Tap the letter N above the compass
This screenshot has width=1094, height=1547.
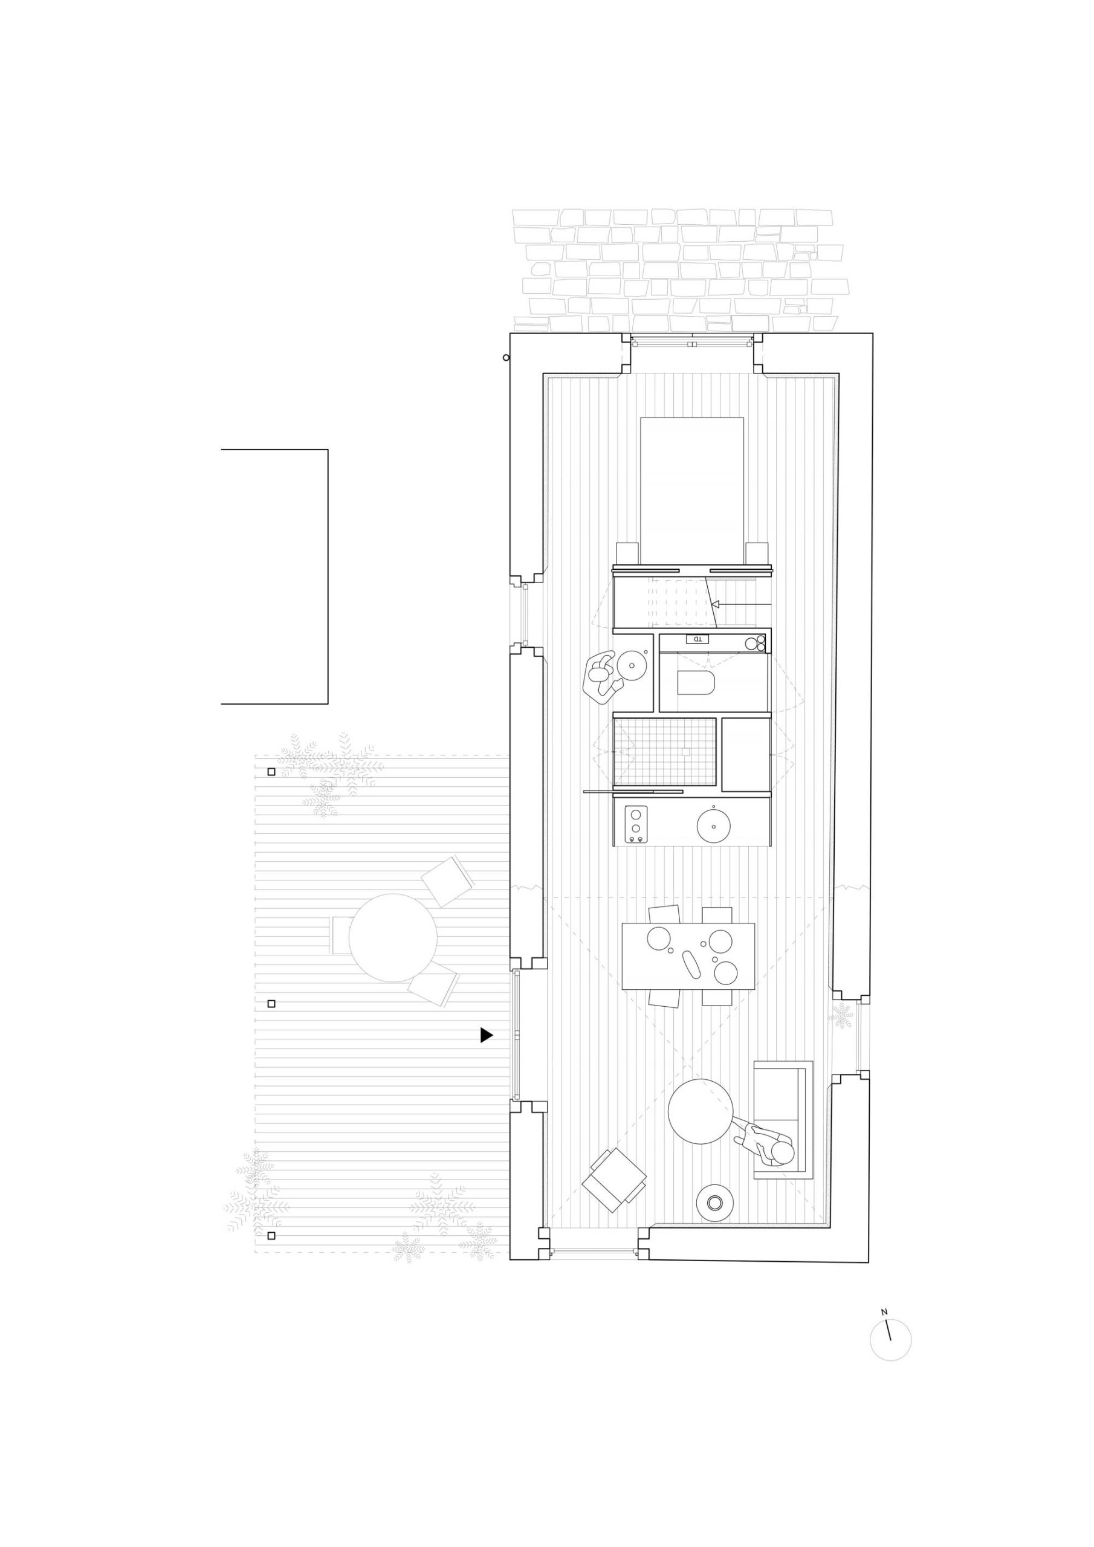tap(884, 1312)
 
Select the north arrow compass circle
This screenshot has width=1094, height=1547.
tap(890, 1340)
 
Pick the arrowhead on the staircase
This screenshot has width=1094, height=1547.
tap(716, 604)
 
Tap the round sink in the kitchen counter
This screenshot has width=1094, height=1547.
tap(714, 825)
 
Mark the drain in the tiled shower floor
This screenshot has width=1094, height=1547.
tap(685, 751)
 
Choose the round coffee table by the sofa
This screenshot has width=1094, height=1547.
tap(701, 1112)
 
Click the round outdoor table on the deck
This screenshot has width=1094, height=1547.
tap(392, 938)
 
